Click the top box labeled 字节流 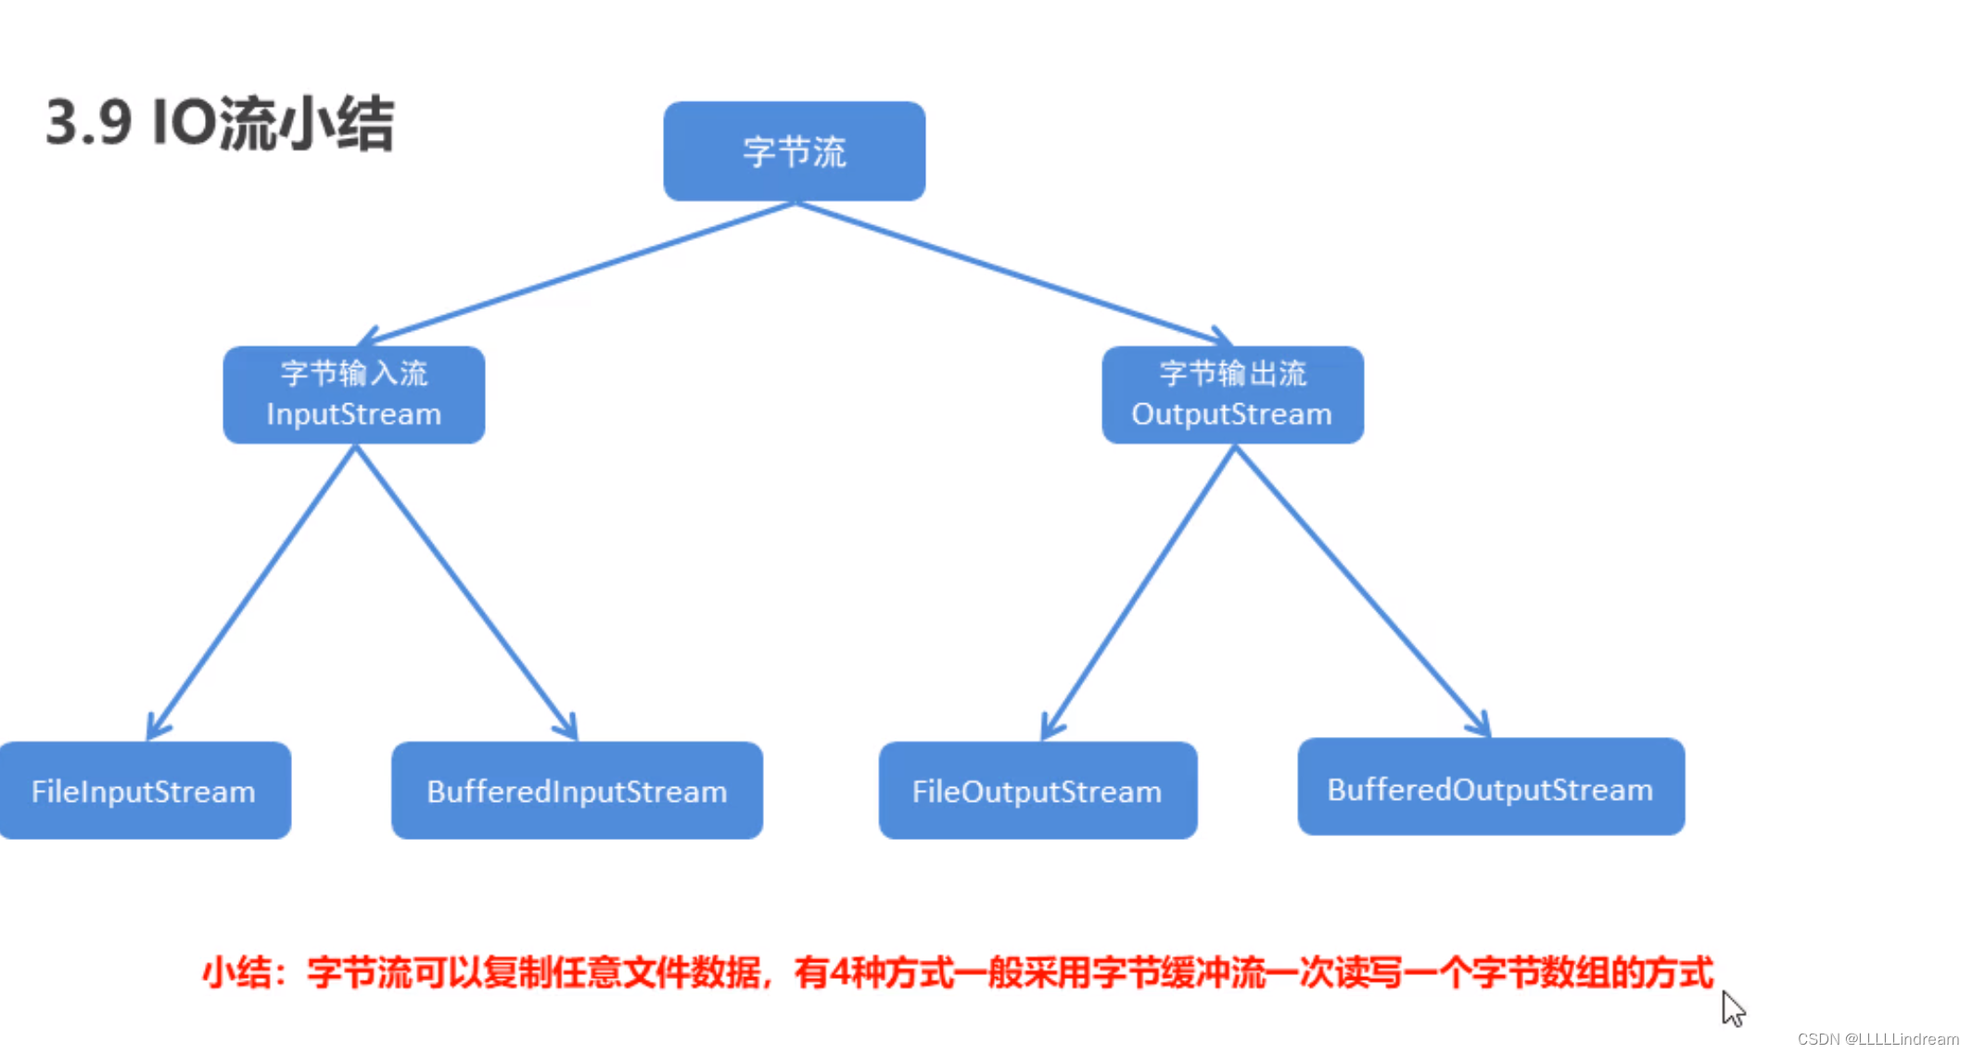point(794,151)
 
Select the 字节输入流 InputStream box point(353,394)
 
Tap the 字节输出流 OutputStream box point(1231,394)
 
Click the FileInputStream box point(144,791)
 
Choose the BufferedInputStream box point(577,791)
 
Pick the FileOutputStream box point(1037,791)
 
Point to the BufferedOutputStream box point(1490,787)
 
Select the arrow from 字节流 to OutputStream point(1011,273)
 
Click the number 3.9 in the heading point(88,122)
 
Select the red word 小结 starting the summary point(237,973)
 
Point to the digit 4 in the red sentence point(840,973)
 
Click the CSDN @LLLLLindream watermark point(1877,1039)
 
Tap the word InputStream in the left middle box point(353,414)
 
